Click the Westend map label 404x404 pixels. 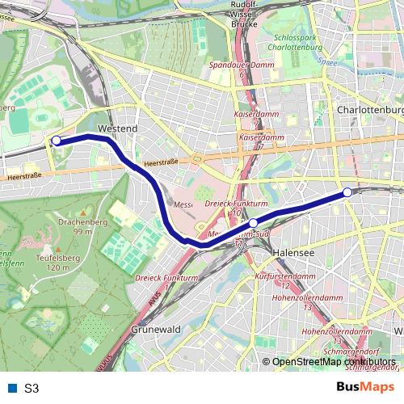pos(117,128)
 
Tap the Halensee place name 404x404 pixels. pos(293,252)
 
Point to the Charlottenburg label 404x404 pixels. pos(371,109)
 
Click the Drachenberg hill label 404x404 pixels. pos(80,220)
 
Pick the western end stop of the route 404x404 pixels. pos(57,141)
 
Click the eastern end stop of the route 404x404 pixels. pos(347,192)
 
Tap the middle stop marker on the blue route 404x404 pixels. pos(253,222)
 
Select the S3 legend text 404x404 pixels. pos(32,388)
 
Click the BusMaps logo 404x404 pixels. pos(366,387)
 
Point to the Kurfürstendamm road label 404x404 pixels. pos(284,276)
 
